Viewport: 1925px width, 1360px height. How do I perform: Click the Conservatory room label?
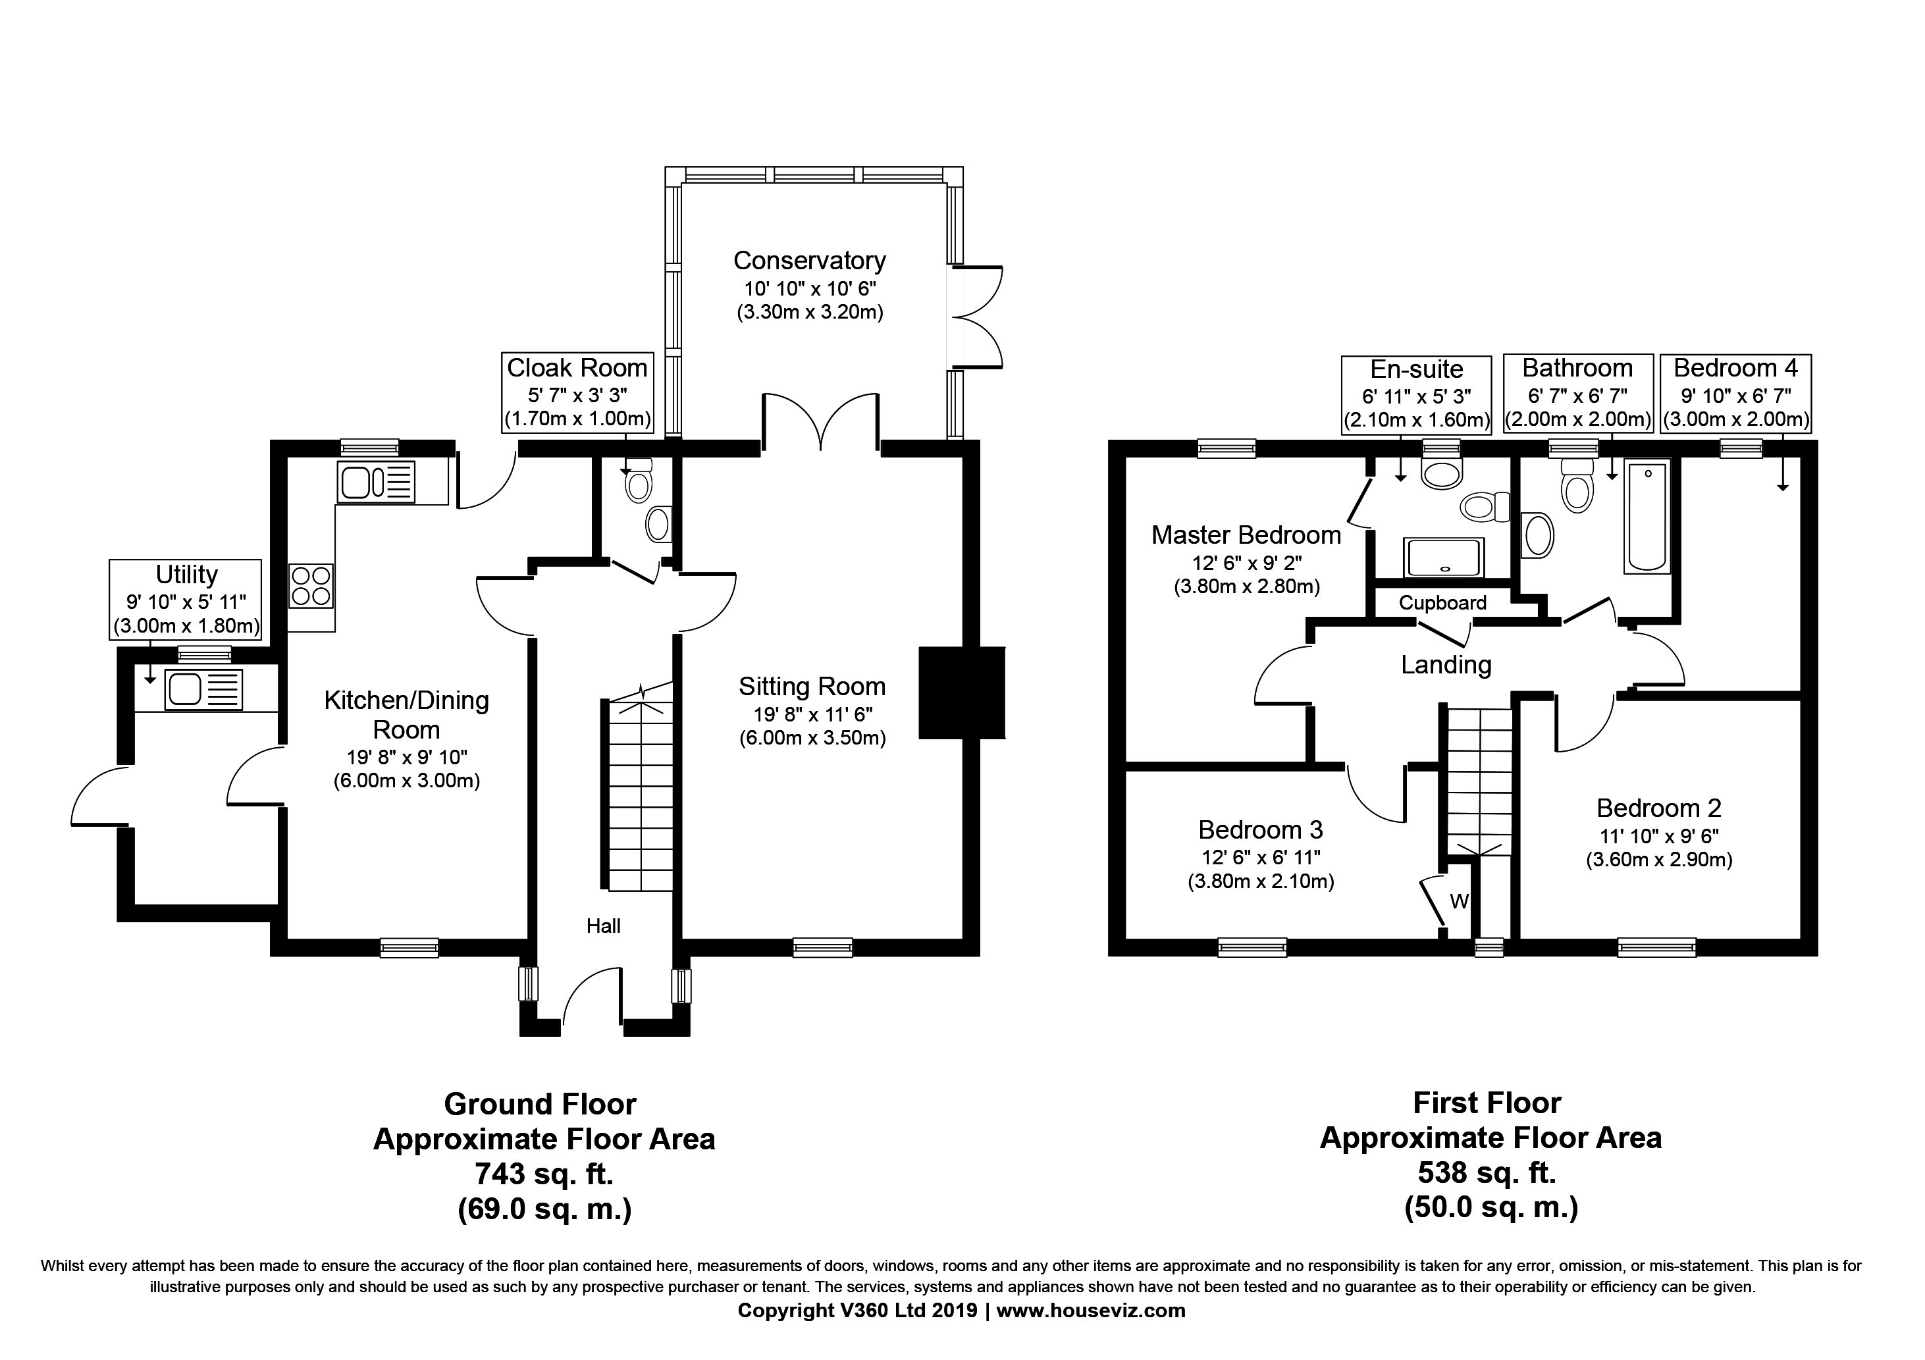pos(809,261)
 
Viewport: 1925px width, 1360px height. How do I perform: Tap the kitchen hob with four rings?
pos(311,585)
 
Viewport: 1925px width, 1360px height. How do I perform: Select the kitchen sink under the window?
pos(376,482)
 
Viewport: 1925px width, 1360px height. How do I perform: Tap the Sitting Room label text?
pos(812,687)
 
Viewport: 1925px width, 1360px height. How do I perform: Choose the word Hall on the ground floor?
pos(603,926)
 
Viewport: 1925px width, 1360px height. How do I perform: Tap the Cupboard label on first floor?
pos(1442,603)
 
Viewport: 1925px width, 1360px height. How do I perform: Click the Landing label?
pos(1446,665)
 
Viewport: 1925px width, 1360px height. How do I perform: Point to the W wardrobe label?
pos(1459,901)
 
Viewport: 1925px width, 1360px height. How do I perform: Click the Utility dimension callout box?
pos(186,600)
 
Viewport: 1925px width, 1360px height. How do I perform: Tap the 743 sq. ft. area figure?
pos(543,1173)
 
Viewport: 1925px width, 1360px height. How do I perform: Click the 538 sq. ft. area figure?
pos(1487,1172)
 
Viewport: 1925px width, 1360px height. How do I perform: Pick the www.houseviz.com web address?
pos(1090,1311)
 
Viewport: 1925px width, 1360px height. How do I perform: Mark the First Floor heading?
pos(1487,1102)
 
